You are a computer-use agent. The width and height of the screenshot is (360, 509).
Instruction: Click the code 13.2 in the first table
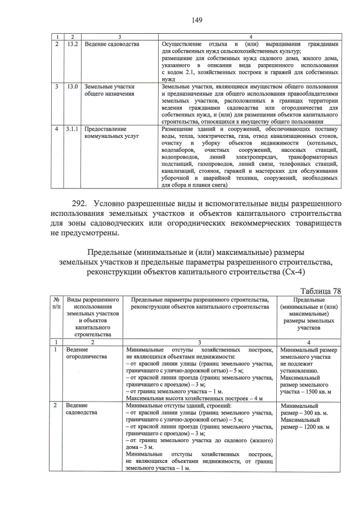pyautogui.click(x=72, y=44)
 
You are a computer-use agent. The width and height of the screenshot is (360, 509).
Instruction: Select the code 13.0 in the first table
pyautogui.click(x=72, y=87)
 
